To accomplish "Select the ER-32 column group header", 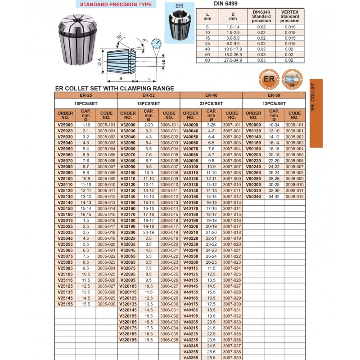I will pyautogui.click(x=148, y=95).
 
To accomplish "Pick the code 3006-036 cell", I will pyautogui.click(x=170, y=340).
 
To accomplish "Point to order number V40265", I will pyautogui.click(x=191, y=358).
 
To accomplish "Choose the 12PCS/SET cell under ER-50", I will pyautogui.click(x=274, y=103).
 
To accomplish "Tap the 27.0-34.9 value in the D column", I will pyautogui.click(x=233, y=60).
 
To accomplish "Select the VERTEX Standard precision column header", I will pyautogui.click(x=289, y=17).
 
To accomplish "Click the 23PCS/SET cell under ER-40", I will pyautogui.click(x=211, y=103).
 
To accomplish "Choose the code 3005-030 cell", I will pyautogui.click(x=107, y=304).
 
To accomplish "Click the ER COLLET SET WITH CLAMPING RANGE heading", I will pyautogui.click(x=114, y=89).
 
